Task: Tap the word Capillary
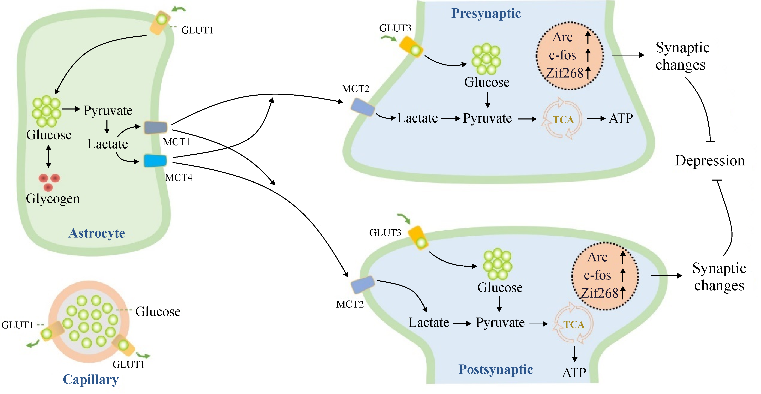[90, 379]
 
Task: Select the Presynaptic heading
[486, 14]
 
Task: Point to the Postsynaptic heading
[495, 369]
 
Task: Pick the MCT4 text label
[178, 177]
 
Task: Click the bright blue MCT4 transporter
[155, 161]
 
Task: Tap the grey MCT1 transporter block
[156, 127]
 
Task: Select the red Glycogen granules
[49, 182]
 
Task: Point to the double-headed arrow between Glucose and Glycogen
[49, 156]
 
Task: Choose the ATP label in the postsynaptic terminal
[574, 373]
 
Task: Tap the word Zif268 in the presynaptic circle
[564, 73]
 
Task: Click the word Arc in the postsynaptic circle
[597, 257]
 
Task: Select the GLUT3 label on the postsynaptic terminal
[385, 233]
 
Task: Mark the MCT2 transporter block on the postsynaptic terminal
[363, 284]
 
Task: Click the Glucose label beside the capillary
[158, 312]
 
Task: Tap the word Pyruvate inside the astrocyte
[108, 111]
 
